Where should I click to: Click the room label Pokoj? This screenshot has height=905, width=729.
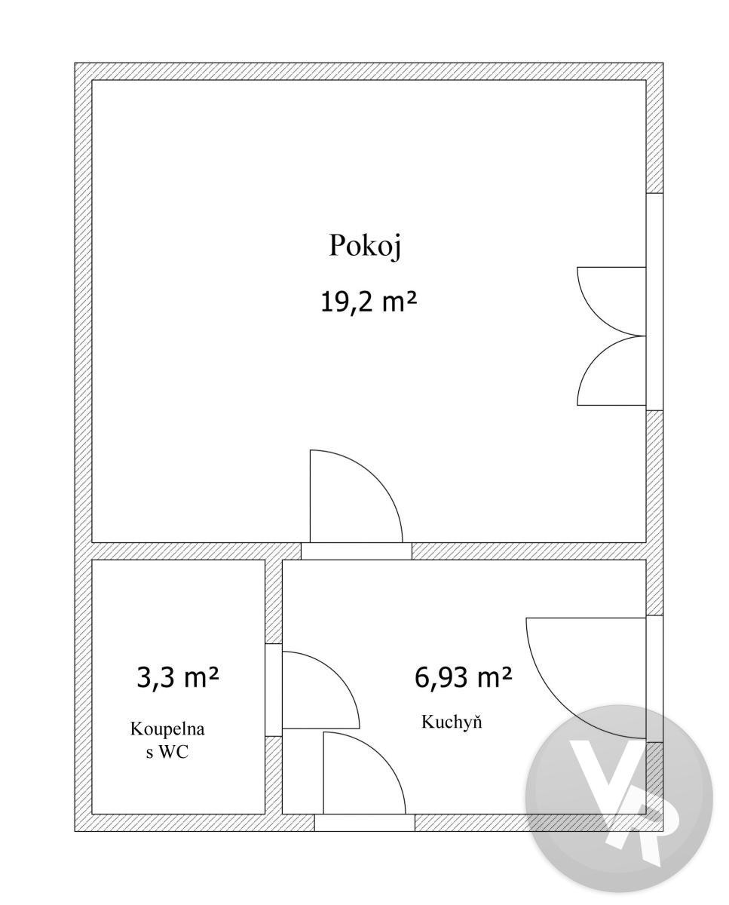[x=365, y=246]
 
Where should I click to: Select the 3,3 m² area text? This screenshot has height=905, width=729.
[x=177, y=678]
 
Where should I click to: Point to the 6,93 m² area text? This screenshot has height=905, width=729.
[x=463, y=678]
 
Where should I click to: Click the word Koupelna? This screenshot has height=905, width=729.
[x=167, y=729]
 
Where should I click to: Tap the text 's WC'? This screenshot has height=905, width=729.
[x=167, y=752]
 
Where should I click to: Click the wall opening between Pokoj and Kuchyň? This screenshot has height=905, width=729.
[x=357, y=551]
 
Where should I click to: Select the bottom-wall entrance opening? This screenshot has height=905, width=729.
[x=365, y=823]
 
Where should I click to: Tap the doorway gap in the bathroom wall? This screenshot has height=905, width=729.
[x=274, y=689]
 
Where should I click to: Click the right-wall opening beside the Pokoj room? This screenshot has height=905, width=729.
[x=654, y=302]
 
